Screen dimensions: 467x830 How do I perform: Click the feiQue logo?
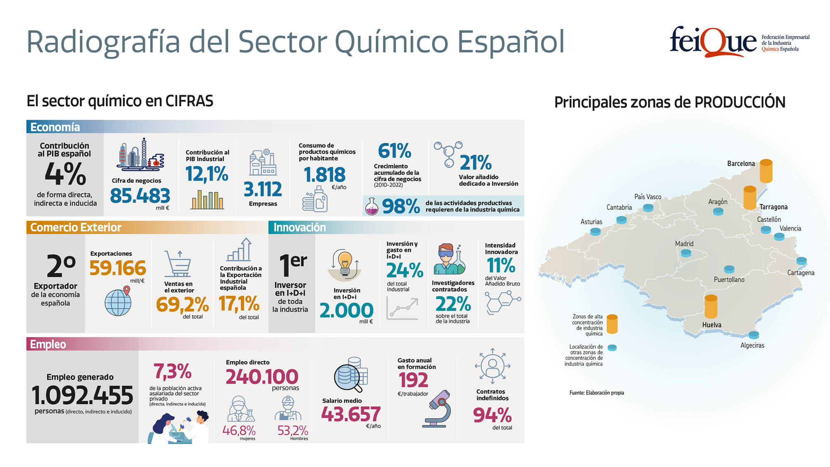pos(713,42)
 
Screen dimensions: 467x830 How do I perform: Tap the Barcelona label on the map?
pos(741,164)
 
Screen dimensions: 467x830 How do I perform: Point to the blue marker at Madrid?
pos(686,252)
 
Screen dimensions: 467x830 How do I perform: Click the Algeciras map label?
pos(752,345)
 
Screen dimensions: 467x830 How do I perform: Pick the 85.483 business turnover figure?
pos(140,196)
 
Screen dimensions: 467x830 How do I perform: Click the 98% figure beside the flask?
pos(400,206)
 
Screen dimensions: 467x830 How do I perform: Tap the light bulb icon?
pos(344,263)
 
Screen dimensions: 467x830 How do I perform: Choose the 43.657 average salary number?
pos(351,414)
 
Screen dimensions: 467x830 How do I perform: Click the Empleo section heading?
pos(48,344)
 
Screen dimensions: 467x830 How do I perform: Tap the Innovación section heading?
pos(299,227)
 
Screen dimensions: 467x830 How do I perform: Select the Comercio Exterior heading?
pos(76,227)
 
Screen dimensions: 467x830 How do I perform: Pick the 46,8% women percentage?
pos(239,430)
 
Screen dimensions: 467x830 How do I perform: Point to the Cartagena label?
pos(801,273)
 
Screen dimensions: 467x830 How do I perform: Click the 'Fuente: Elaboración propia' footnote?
pos(596,393)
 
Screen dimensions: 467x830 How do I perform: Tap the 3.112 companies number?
pos(263,189)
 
